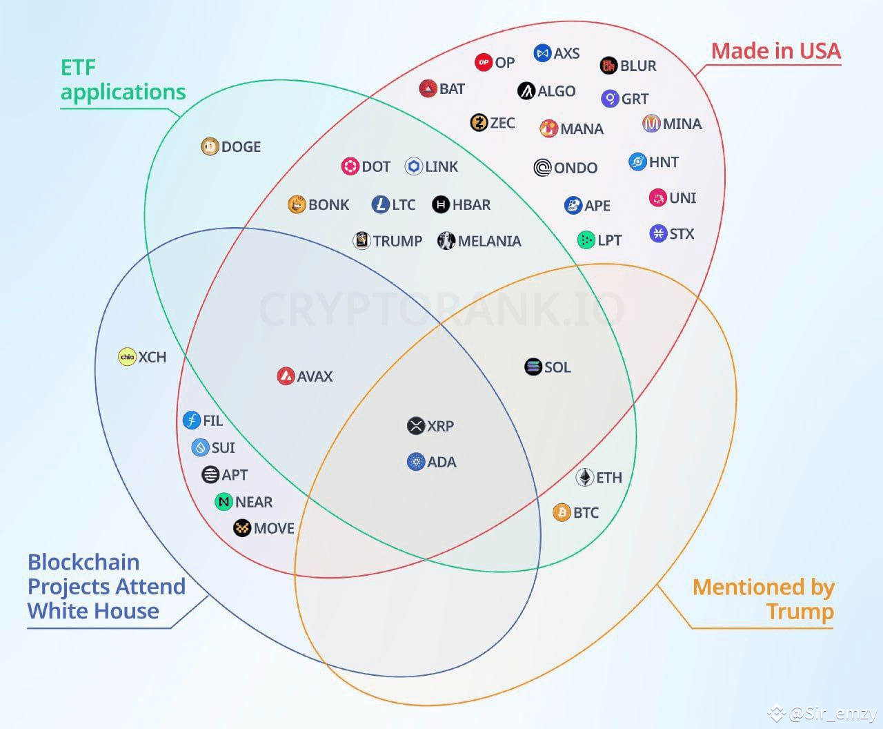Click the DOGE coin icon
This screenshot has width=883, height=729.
pyautogui.click(x=210, y=146)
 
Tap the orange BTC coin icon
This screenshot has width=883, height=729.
pyautogui.click(x=562, y=512)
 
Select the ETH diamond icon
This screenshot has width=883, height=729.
pyautogui.click(x=585, y=478)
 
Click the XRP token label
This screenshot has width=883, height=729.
pyautogui.click(x=440, y=426)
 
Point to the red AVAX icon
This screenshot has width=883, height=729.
pyautogui.click(x=286, y=376)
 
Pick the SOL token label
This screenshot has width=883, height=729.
pyautogui.click(x=557, y=367)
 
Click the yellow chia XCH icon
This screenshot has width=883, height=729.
pyautogui.click(x=127, y=357)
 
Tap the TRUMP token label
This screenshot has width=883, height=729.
pyautogui.click(x=397, y=241)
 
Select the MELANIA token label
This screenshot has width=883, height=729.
pyautogui.click(x=489, y=241)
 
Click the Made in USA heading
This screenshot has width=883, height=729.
pyautogui.click(x=776, y=51)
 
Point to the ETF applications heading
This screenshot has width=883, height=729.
pyautogui.click(x=123, y=79)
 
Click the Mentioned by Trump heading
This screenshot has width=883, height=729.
pyautogui.click(x=764, y=599)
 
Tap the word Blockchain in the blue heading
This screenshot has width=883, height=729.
pyautogui.click(x=83, y=562)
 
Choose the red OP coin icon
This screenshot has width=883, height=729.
pyautogui.click(x=484, y=62)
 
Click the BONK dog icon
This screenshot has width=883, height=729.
pyautogui.click(x=297, y=204)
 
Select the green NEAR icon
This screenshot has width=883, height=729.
pyautogui.click(x=224, y=502)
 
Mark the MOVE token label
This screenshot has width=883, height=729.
pyautogui.click(x=274, y=528)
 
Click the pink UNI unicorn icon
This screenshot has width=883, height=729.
pyautogui.click(x=658, y=197)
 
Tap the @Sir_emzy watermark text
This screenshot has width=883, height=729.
pyautogui.click(x=832, y=713)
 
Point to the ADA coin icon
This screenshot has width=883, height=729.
pyautogui.click(x=416, y=461)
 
